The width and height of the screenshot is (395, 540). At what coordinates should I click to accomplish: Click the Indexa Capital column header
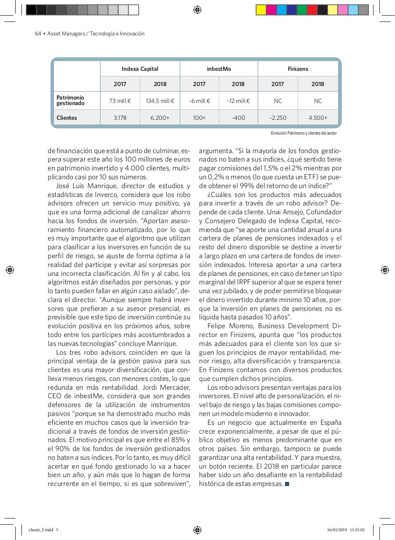tap(140, 69)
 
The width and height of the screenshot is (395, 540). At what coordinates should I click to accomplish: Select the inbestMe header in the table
tap(219, 69)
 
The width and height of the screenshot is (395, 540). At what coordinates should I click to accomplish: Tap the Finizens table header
tap(298, 69)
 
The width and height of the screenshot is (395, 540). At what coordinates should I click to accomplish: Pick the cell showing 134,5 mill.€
tap(160, 101)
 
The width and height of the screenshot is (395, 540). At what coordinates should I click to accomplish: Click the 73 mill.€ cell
tap(120, 101)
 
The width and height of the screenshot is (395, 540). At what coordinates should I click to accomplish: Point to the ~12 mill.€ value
tap(238, 101)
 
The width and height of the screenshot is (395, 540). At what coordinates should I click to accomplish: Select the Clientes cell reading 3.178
tap(120, 118)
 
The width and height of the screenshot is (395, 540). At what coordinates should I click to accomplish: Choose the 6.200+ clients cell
tap(160, 118)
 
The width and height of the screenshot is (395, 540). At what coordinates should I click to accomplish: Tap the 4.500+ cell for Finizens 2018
tap(317, 118)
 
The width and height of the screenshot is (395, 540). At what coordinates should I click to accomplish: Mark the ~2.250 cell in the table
tap(277, 118)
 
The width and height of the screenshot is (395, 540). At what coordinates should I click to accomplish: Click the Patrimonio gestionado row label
tap(70, 100)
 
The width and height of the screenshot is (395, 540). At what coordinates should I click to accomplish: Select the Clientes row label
tap(67, 118)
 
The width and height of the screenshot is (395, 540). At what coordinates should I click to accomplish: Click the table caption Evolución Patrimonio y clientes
tap(304, 133)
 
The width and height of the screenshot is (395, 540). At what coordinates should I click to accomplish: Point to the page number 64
tap(38, 34)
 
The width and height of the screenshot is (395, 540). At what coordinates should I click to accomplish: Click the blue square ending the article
tap(287, 484)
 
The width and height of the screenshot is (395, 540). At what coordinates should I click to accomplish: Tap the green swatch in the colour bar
tap(302, 10)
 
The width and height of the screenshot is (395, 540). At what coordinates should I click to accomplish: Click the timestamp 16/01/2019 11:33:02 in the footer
tap(345, 530)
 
